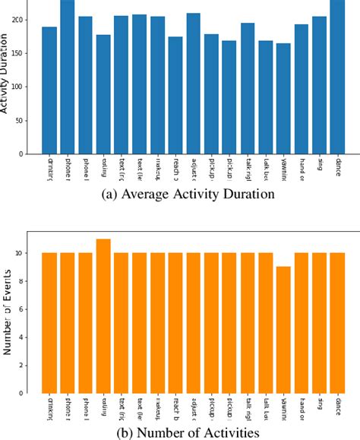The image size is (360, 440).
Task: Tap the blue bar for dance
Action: pyautogui.click(x=337, y=77)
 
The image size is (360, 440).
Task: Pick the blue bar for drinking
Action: pyautogui.click(x=49, y=90)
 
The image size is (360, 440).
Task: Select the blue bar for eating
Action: pyautogui.click(x=103, y=94)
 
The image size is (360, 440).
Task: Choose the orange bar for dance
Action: pyautogui.click(x=337, y=323)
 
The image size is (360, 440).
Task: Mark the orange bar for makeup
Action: pyautogui.click(x=157, y=323)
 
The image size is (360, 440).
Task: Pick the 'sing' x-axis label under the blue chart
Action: pyautogui.click(x=319, y=164)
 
